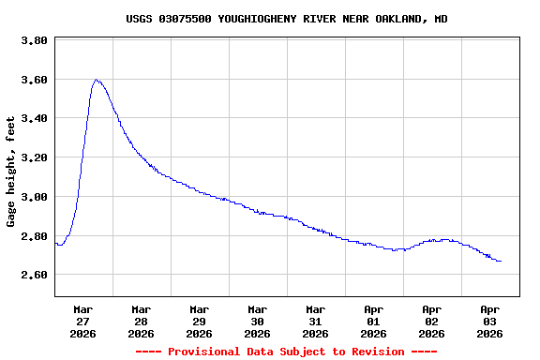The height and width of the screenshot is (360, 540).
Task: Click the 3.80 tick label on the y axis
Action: pos(34,41)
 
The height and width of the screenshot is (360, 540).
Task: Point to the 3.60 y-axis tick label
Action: pos(34,80)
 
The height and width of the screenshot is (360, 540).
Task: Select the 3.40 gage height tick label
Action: pos(34,119)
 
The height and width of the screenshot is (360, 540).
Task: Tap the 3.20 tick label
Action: pos(34,157)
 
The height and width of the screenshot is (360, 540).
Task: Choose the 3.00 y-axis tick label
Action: pos(34,197)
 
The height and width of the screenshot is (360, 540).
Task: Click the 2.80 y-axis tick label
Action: pos(34,236)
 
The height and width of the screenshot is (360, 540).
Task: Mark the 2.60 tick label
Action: pos(34,275)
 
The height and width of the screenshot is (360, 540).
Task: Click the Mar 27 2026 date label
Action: pos(82,321)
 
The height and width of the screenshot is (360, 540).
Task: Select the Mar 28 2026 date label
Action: pos(141,321)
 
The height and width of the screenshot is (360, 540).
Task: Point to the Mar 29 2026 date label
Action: pos(199,321)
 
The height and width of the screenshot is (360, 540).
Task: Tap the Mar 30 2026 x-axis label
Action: pos(257,321)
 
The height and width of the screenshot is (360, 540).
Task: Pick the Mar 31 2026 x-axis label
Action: pos(315,321)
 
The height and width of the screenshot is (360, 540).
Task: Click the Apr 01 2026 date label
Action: pos(373,321)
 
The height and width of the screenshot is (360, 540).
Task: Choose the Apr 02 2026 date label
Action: pos(431,321)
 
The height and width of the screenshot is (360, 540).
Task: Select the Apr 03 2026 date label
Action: pos(489,321)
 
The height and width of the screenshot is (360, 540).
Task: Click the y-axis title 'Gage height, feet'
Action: pos(11,172)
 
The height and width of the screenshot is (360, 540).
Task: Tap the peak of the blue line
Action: pos(96,80)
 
